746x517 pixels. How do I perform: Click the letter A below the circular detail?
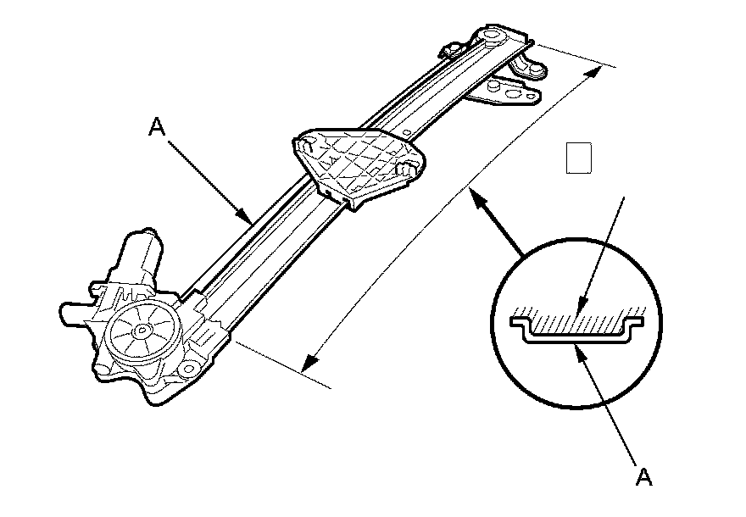click(x=644, y=477)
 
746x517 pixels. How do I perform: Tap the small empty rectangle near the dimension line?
click(x=578, y=158)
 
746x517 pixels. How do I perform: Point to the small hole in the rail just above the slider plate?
click(x=408, y=132)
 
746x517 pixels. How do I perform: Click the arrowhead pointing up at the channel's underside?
click(x=580, y=353)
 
